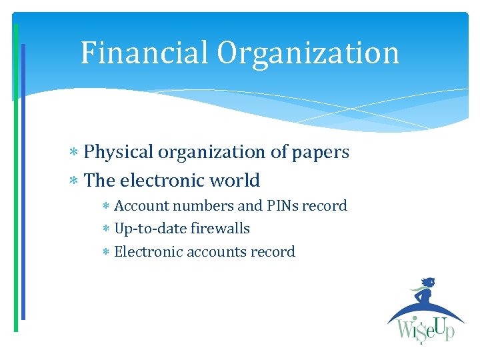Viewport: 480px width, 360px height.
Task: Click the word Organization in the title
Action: click(x=308, y=53)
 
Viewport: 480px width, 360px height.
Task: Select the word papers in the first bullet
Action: click(x=321, y=153)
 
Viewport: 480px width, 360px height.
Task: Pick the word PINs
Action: click(x=276, y=206)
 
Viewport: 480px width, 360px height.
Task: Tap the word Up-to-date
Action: click(x=150, y=229)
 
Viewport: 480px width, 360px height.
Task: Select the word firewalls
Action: click(x=220, y=229)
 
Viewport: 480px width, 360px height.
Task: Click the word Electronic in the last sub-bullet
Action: click(x=147, y=252)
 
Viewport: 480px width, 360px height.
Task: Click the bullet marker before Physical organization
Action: click(x=75, y=153)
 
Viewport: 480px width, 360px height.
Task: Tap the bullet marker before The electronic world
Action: click(x=75, y=181)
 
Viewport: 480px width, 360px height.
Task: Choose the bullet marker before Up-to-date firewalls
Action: click(x=106, y=229)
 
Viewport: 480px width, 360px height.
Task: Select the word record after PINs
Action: click(x=325, y=206)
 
